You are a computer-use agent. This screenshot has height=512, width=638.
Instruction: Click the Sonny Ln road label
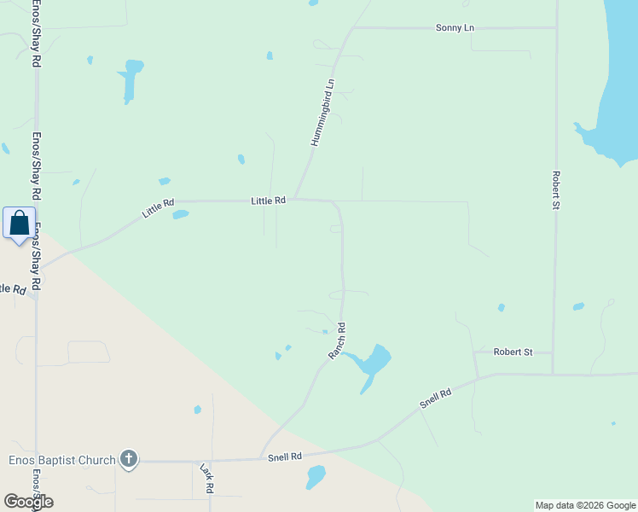pos(455,28)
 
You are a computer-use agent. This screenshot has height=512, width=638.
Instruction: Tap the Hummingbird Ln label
pos(322,113)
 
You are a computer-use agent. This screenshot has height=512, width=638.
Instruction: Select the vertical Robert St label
pos(555,190)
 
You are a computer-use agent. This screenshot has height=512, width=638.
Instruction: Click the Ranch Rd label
pos(338,340)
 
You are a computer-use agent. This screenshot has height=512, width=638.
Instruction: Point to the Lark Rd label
pos(206,479)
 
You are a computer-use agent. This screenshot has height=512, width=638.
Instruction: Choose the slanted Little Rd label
pos(158,208)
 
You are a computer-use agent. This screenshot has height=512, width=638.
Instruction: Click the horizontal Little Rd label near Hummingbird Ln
pos(268,201)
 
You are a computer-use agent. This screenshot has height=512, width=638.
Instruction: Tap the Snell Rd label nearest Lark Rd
pos(285,457)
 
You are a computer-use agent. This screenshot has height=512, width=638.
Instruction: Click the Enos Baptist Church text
pos(61,461)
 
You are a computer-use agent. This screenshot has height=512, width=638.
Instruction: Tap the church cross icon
pos(128,460)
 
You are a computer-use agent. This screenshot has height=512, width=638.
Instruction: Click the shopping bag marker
pos(20,224)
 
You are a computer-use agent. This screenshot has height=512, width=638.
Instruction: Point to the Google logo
pos(28,502)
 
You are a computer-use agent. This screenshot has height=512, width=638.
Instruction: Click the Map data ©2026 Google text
pos(585,505)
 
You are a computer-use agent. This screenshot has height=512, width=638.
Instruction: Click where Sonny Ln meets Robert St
pos(556,27)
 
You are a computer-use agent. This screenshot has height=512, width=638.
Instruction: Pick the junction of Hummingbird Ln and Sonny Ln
pos(352,28)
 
